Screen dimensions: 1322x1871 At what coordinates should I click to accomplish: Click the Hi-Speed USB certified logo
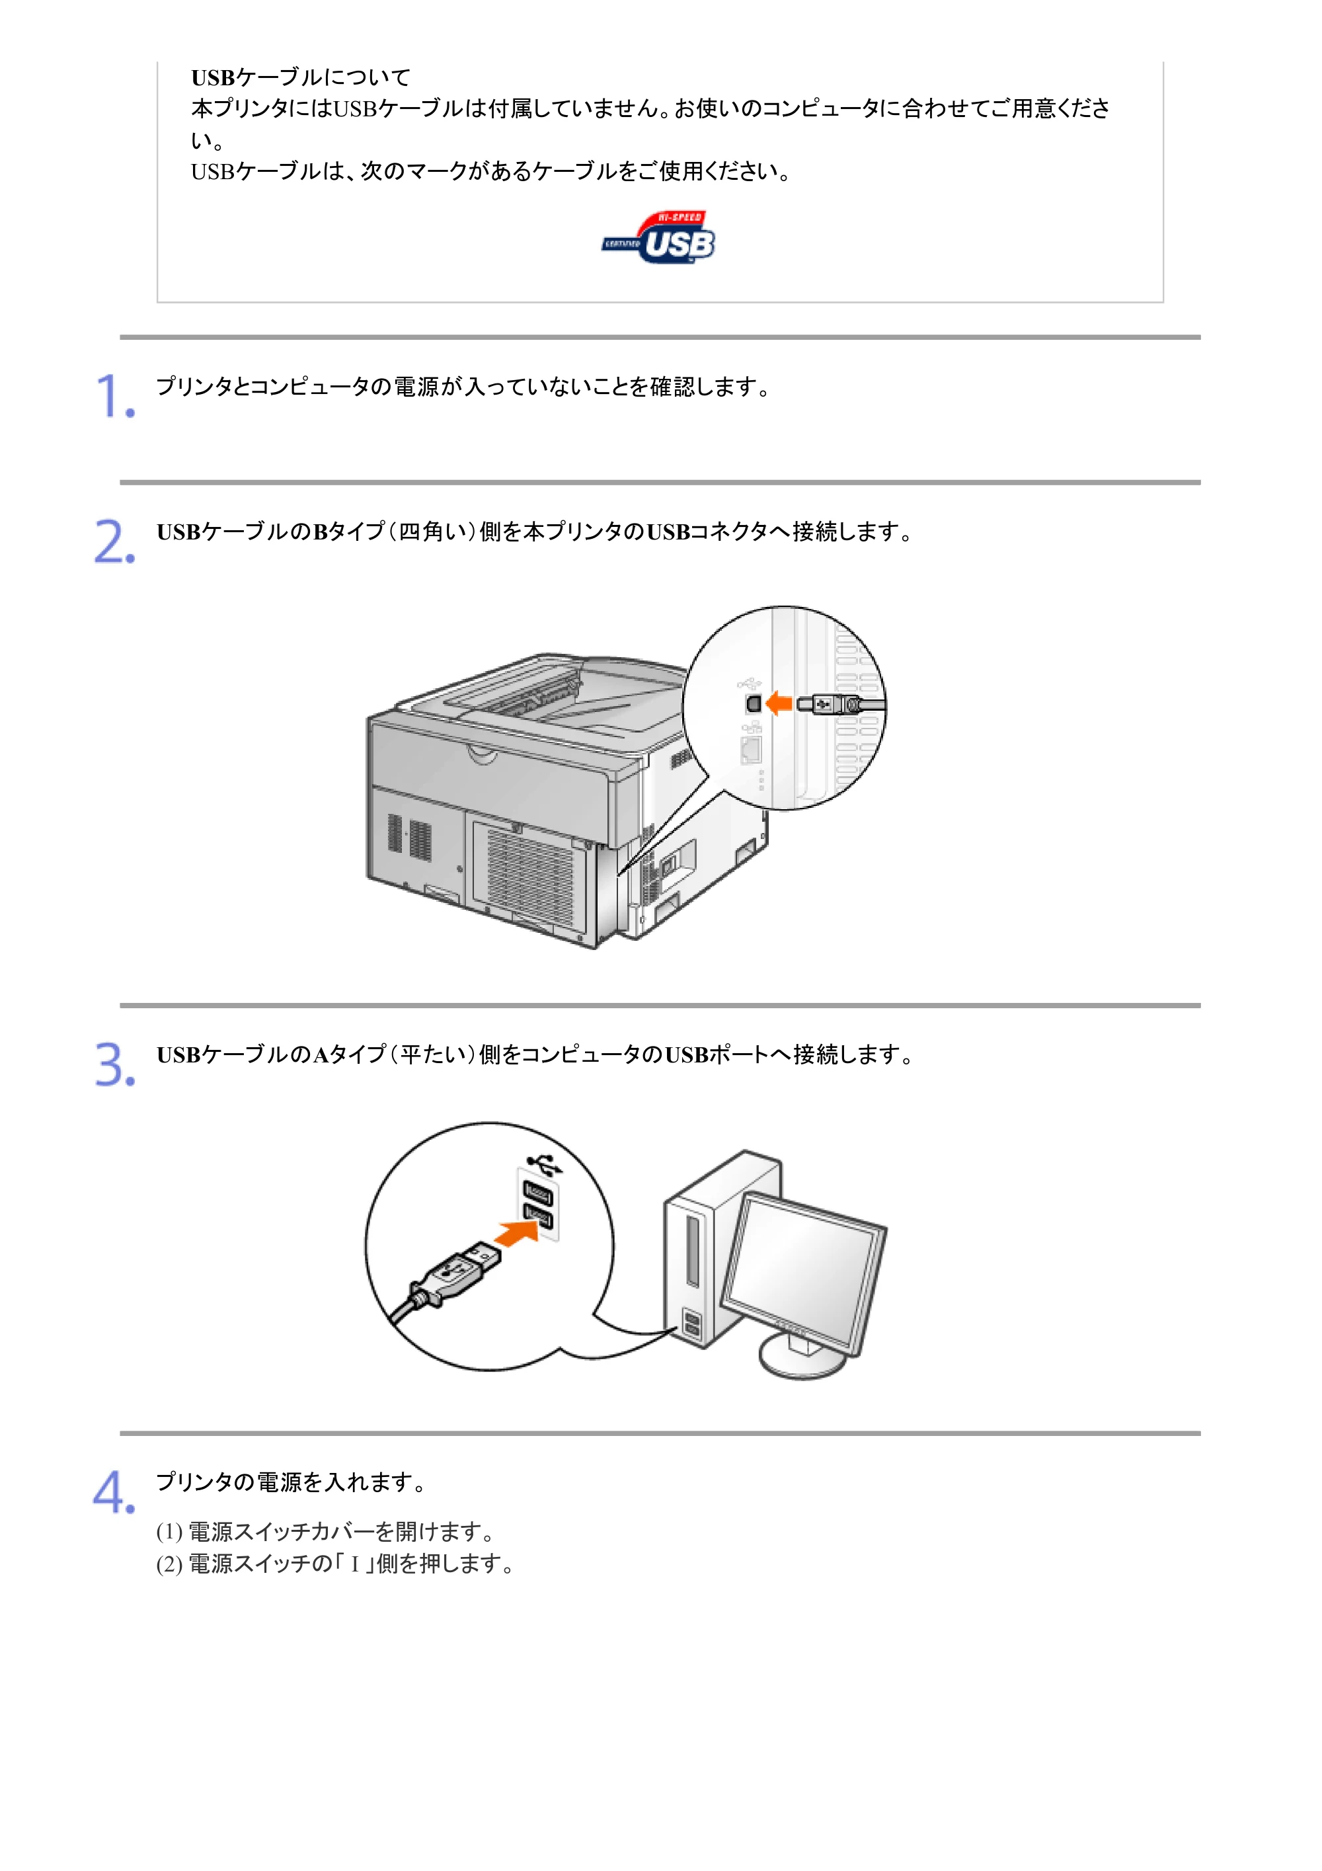point(658,237)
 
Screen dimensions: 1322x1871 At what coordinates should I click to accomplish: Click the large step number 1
point(115,397)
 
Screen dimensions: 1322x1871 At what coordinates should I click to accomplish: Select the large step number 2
point(115,542)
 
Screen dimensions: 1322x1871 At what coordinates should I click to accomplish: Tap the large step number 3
point(115,1064)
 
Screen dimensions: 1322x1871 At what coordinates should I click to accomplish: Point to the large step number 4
point(114,1492)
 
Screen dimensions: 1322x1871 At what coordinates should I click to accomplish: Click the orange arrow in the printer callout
point(779,702)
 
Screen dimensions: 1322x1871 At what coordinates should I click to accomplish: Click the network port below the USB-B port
point(751,750)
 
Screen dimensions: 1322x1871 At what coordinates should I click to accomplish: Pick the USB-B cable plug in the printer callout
point(831,704)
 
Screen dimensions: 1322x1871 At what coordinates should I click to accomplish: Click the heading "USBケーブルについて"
point(301,77)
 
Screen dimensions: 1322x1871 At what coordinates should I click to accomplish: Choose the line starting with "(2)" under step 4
point(336,1564)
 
